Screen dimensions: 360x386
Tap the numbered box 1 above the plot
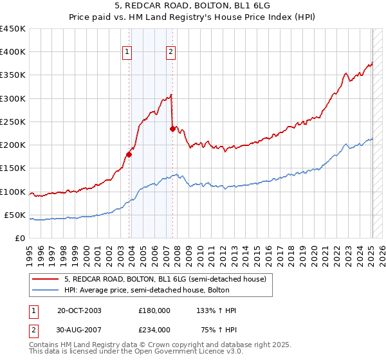pos(127,53)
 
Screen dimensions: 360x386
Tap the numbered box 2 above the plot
pos(170,53)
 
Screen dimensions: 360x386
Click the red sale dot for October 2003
pos(129,154)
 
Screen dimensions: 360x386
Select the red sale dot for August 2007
pos(172,129)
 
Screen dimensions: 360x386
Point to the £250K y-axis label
pos(13,122)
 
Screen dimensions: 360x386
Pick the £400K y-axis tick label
pos(13,52)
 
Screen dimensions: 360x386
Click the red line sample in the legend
pos(46,278)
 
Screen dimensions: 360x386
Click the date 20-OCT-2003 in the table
pos(79,310)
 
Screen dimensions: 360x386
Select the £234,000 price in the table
pos(154,330)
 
